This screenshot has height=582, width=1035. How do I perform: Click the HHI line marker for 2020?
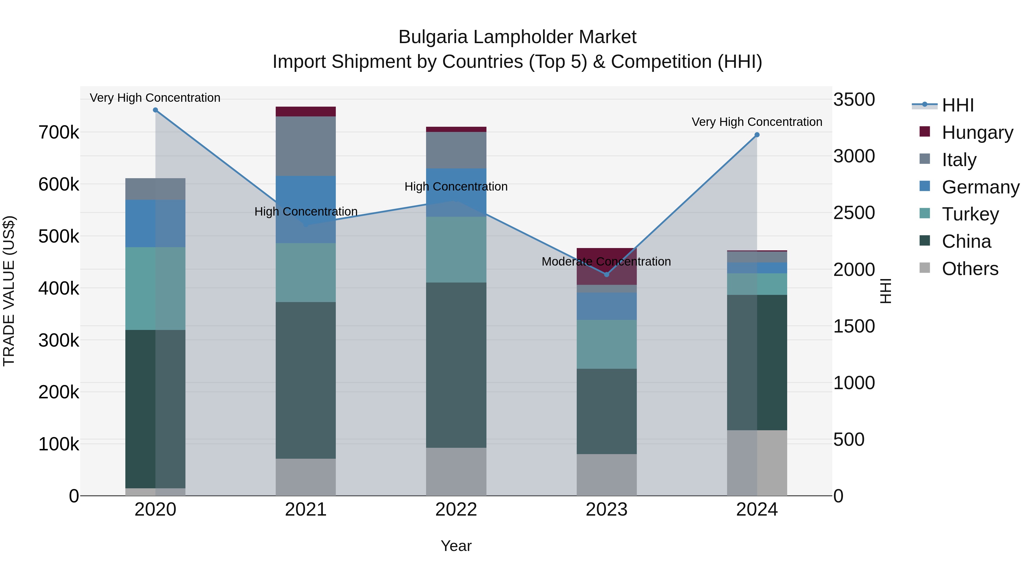pos(156,110)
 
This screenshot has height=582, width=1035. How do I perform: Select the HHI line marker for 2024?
pos(757,135)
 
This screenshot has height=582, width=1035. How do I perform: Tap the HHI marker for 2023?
pos(607,275)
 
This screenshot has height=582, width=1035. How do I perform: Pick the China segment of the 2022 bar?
pos(456,365)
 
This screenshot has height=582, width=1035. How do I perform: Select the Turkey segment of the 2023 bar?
pos(607,344)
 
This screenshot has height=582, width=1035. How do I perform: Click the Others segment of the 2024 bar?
pos(757,463)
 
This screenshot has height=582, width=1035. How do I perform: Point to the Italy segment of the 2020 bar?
pos(156,189)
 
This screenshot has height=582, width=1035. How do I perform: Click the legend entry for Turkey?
pos(970,214)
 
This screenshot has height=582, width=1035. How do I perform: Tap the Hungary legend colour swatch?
pos(925,132)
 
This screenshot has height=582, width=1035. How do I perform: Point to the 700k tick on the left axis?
pos(59,132)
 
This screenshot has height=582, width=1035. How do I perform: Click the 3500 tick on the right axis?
pos(854,100)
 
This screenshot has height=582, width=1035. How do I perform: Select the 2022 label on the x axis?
pos(456,510)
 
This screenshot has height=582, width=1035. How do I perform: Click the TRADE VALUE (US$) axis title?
pos(9,291)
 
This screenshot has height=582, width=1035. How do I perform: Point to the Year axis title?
pos(456,546)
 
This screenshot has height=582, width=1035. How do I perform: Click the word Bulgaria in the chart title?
pos(433,37)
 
